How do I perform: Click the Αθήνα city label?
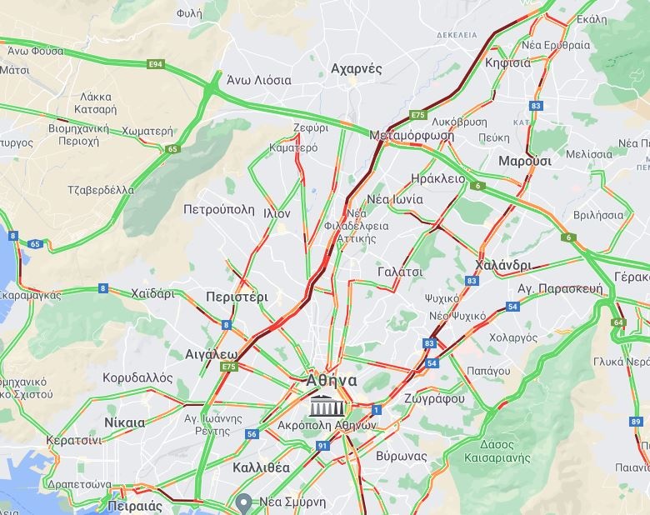point(331,381)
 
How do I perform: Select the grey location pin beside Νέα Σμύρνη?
point(243,502)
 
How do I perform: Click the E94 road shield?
point(154,64)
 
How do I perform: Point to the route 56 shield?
point(252,434)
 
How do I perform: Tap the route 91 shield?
point(322,447)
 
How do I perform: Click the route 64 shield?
point(617,322)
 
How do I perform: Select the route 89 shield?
point(637,422)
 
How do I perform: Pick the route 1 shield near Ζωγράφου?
point(377,409)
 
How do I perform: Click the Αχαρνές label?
point(356,68)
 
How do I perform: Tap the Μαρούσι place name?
point(524,161)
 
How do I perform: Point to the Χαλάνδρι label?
point(502,265)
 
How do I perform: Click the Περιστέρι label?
point(237,297)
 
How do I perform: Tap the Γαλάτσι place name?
point(400,272)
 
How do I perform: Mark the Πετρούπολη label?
point(219,209)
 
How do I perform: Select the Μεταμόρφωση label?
point(412,135)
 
